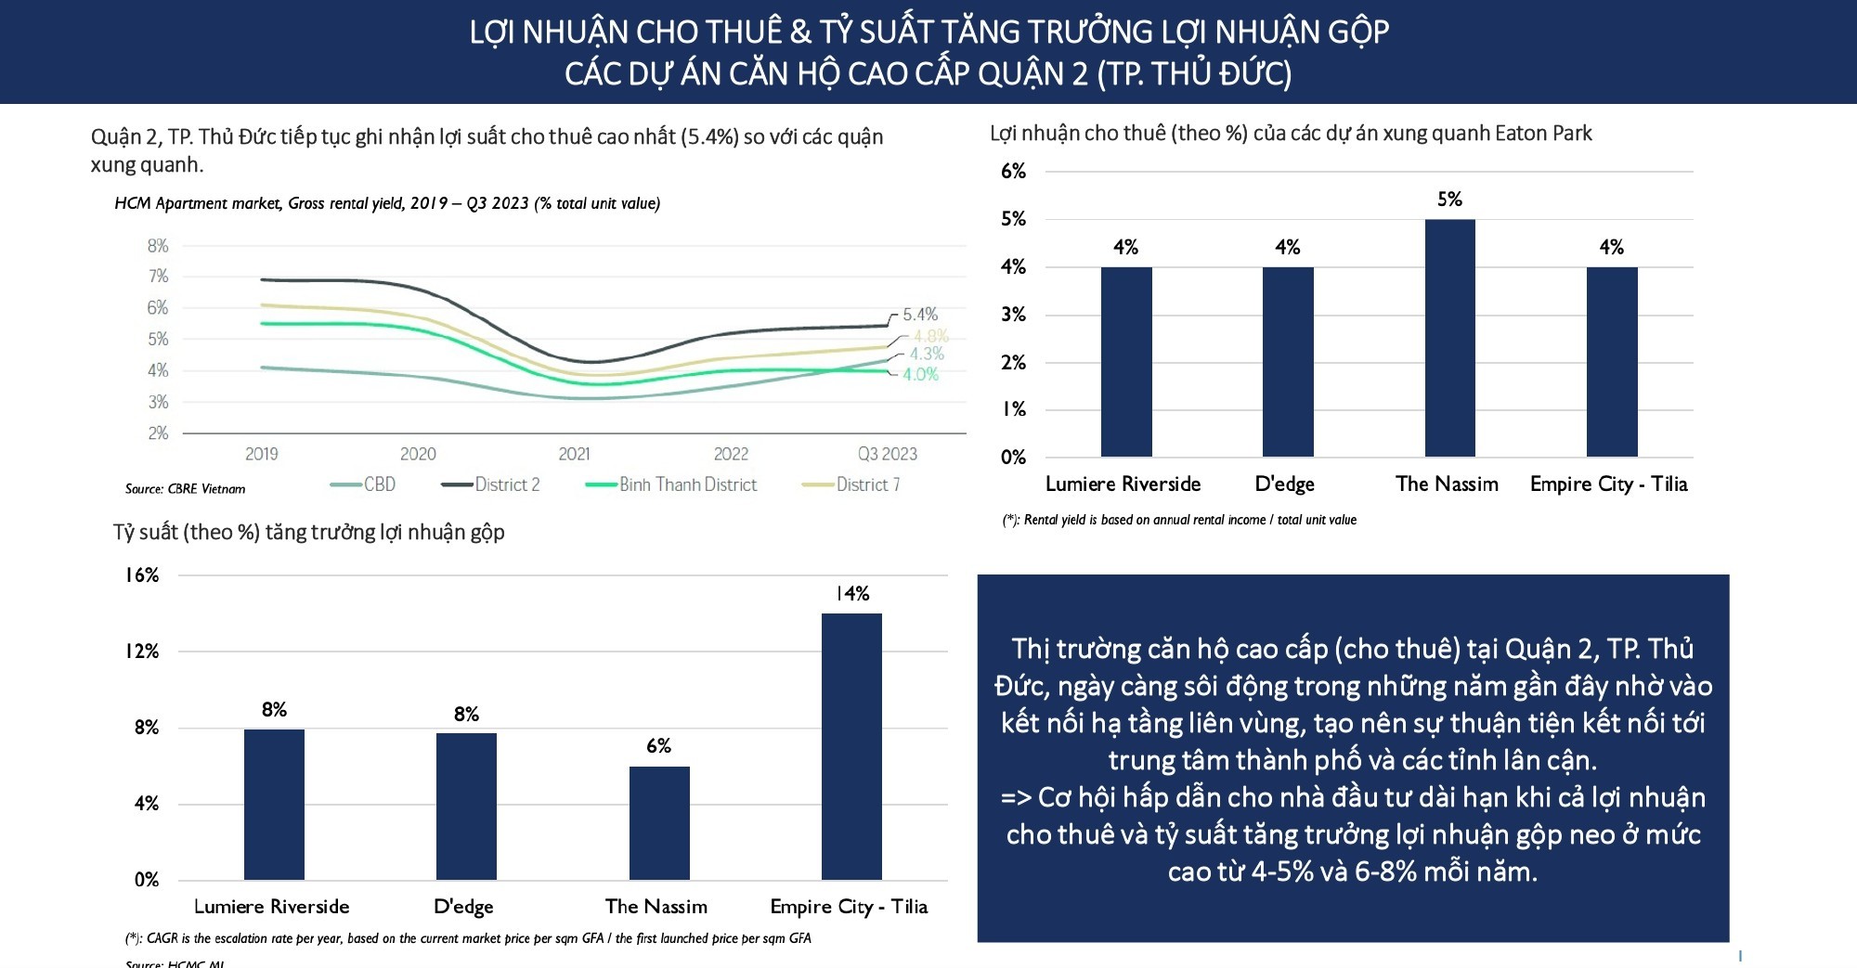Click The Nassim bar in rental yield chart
coord(1449,339)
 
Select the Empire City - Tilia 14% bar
coord(851,746)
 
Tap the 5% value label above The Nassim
coord(1449,200)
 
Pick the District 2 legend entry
coord(491,484)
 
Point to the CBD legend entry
coord(363,484)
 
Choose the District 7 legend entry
coord(851,484)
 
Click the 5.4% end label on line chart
coord(920,315)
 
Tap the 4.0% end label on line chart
coord(920,375)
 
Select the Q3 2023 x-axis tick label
coord(887,454)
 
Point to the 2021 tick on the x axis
coord(574,454)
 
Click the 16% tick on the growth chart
coord(142,575)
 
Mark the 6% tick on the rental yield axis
coord(1013,172)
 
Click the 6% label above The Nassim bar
coord(658,746)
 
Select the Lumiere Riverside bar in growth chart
coord(274,804)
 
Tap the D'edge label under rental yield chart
coord(1284,484)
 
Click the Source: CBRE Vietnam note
coord(186,489)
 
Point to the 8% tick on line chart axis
coord(158,246)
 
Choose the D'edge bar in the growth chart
coord(466,806)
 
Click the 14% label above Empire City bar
coord(852,594)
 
